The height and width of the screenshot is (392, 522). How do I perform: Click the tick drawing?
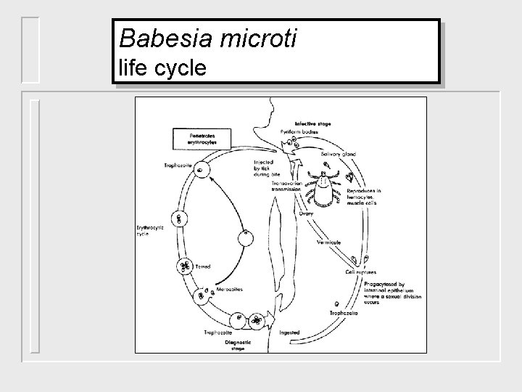tap(324, 188)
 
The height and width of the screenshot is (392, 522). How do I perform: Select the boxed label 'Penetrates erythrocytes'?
tap(192, 138)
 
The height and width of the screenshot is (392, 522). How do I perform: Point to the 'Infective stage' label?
tap(313, 124)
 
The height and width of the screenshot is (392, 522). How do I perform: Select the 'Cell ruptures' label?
tap(360, 272)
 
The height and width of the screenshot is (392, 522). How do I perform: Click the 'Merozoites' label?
tap(230, 288)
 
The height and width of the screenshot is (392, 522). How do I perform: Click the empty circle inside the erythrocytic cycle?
tap(246, 237)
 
